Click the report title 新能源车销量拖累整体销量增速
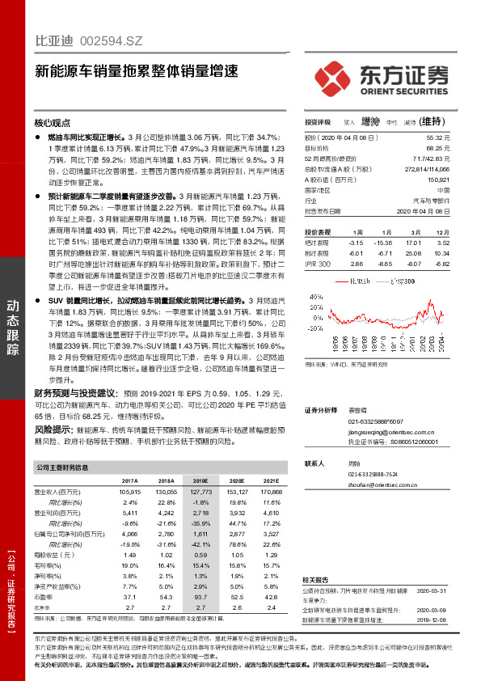click(x=137, y=70)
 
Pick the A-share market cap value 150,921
click(x=437, y=180)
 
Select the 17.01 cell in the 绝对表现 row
click(x=415, y=242)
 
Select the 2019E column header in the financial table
click(x=198, y=480)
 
